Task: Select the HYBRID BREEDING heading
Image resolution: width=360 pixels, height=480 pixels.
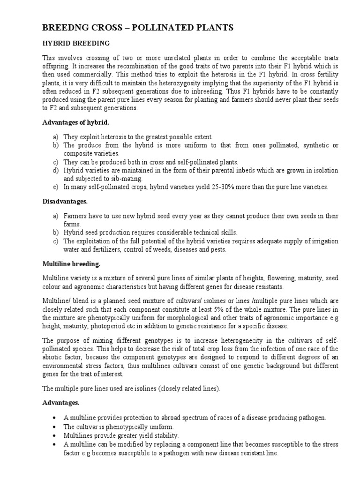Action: [x=76, y=43]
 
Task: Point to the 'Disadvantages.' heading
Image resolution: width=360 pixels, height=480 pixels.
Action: [x=65, y=202]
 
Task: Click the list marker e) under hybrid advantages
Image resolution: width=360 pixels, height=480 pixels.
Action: [x=56, y=187]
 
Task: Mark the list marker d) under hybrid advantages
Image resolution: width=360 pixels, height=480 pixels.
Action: [x=56, y=170]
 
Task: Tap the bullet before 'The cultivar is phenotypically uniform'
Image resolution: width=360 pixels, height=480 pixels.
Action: [x=56, y=427]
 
